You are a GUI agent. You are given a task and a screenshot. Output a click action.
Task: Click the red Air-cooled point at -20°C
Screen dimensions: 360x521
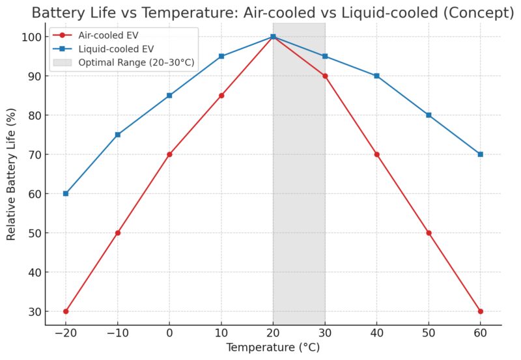[x=66, y=311]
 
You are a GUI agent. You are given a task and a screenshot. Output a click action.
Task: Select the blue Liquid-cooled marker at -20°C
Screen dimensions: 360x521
[x=66, y=193]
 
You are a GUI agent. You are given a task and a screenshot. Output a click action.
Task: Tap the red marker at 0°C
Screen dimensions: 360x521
[x=169, y=154]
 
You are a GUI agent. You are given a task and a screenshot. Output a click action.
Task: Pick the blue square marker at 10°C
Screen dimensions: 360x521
[x=221, y=56]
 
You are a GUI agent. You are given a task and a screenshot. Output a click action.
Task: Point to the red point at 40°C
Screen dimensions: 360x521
[x=376, y=154]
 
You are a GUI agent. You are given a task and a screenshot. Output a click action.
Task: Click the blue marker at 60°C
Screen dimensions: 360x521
[x=480, y=154]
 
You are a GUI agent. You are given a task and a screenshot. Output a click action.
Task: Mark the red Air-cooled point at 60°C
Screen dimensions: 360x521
[x=480, y=311]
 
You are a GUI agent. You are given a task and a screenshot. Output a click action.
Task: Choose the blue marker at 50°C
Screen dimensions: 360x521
[x=429, y=115]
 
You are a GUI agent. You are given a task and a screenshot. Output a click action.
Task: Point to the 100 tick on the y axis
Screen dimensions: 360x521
[x=33, y=37]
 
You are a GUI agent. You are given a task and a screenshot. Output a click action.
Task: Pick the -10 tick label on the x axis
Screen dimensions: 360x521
[x=117, y=332]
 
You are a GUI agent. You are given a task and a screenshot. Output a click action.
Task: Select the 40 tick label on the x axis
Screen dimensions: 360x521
[x=376, y=332]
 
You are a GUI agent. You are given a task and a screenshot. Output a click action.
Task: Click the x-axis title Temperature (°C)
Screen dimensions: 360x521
[x=273, y=348]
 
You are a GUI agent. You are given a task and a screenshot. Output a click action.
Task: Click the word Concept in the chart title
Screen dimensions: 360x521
[x=484, y=12]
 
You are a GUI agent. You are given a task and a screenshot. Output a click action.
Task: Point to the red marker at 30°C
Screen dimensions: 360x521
[x=325, y=76]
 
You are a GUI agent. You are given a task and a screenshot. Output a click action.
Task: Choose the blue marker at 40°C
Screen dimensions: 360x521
[x=376, y=76]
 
